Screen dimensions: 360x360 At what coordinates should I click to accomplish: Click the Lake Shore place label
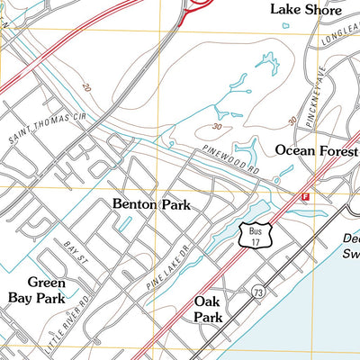point(306,11)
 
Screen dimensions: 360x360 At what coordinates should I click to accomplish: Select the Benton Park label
point(151,204)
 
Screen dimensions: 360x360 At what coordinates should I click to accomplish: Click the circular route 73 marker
point(258,292)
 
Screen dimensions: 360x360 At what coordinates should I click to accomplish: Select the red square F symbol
point(305,195)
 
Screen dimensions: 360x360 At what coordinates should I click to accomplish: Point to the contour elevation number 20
point(85,87)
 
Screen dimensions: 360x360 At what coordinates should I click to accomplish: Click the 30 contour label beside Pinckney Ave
point(292,120)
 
